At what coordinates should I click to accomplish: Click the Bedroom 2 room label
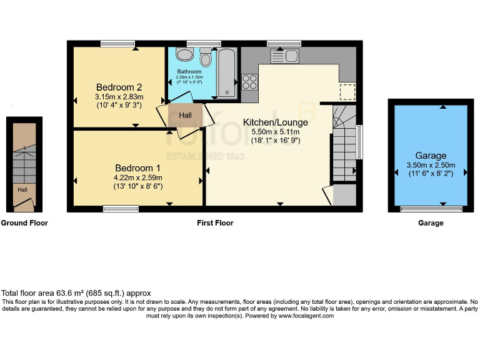click(x=119, y=87)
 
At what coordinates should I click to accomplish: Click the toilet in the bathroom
click(x=206, y=58)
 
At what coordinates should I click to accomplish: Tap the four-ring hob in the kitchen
click(x=249, y=82)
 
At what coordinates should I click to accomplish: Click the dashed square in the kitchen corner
click(x=347, y=91)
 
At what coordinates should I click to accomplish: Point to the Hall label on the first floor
click(x=185, y=116)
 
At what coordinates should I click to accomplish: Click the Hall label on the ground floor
click(x=22, y=190)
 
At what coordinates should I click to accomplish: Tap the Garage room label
click(x=431, y=156)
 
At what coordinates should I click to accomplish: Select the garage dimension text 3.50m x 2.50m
click(x=431, y=165)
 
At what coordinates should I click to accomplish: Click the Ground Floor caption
click(x=24, y=223)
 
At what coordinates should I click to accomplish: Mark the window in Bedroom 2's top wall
click(x=117, y=43)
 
